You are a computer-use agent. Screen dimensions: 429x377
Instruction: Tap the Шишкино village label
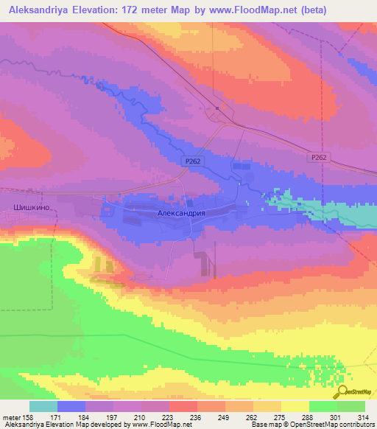click(x=32, y=209)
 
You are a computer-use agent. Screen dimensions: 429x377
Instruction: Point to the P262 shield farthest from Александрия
click(x=319, y=157)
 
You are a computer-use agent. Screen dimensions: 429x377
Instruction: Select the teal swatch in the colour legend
click(x=43, y=406)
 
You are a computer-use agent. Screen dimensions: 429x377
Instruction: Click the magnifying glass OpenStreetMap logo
click(x=341, y=391)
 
